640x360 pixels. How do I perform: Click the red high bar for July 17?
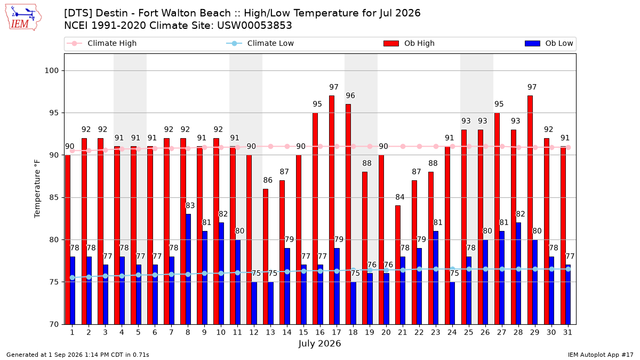pyautogui.click(x=331, y=210)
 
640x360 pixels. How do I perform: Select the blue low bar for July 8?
pyautogui.click(x=188, y=269)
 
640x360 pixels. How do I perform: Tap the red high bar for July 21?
pyautogui.click(x=398, y=265)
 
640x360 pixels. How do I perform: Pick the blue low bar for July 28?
pyautogui.click(x=518, y=274)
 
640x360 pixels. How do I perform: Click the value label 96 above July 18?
pyautogui.click(x=350, y=95)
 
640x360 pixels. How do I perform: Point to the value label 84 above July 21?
pyautogui.click(x=400, y=197)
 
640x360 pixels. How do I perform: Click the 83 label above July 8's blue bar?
pyautogui.click(x=190, y=205)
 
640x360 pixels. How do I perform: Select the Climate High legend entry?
pyautogui.click(x=102, y=43)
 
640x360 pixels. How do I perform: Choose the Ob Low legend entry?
pyautogui.click(x=549, y=43)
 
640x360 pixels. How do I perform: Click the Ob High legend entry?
pyautogui.click(x=409, y=43)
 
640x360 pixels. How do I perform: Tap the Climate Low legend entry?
pyautogui.click(x=260, y=43)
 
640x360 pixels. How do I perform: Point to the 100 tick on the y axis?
pyautogui.click(x=51, y=70)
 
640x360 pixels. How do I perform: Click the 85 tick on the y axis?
pyautogui.click(x=54, y=197)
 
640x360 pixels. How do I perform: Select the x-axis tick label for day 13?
pyautogui.click(x=270, y=332)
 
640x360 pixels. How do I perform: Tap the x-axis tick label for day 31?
pyautogui.click(x=567, y=332)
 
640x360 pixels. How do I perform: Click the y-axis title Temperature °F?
pyautogui.click(x=37, y=189)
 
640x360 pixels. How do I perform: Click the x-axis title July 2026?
pyautogui.click(x=319, y=343)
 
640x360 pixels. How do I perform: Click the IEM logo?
pyautogui.click(x=23, y=18)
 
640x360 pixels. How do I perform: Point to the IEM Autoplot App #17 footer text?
pyautogui.click(x=601, y=355)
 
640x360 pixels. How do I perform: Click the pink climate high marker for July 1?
pyautogui.click(x=73, y=151)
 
